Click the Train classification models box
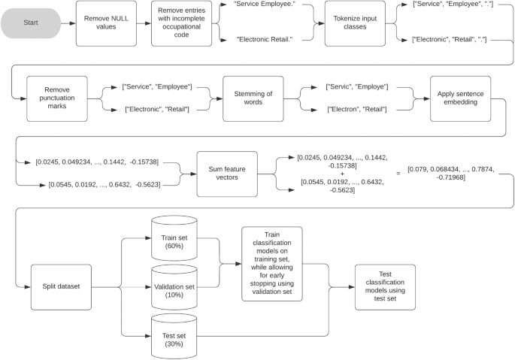(x=271, y=263)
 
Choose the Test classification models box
(x=386, y=287)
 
